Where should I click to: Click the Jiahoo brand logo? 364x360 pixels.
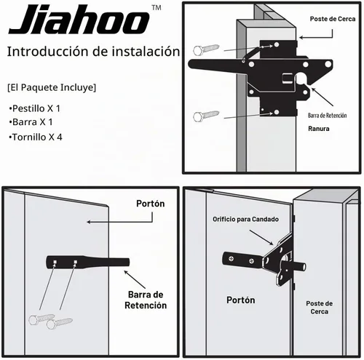[x=79, y=20]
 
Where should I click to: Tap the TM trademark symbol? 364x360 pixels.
[x=157, y=8]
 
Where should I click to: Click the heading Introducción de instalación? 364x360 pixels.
[x=93, y=52]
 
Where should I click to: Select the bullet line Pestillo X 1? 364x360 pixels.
[x=34, y=108]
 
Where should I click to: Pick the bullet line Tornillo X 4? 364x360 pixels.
[x=36, y=137]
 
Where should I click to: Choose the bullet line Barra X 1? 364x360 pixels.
[x=31, y=122]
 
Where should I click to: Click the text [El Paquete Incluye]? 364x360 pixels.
[x=52, y=87]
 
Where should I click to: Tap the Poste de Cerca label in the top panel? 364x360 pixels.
[x=333, y=19]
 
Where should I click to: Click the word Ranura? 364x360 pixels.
[x=319, y=129]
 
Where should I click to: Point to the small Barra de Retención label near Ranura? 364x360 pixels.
[x=327, y=116]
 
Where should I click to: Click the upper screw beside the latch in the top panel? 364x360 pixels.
[x=206, y=49]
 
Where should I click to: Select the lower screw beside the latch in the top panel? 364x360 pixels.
[x=206, y=116]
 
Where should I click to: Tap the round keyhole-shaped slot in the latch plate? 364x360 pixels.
[x=301, y=79]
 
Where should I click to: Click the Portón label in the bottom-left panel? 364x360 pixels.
[x=151, y=204]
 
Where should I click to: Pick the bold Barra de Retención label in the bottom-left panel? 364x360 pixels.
[x=146, y=300]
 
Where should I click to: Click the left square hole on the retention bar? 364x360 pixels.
[x=55, y=262]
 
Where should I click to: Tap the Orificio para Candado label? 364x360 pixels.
[x=245, y=219]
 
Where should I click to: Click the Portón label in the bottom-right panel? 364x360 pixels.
[x=241, y=300]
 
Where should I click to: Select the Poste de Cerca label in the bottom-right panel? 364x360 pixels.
[x=320, y=308]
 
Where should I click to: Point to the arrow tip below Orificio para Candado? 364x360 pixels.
[x=273, y=244]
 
